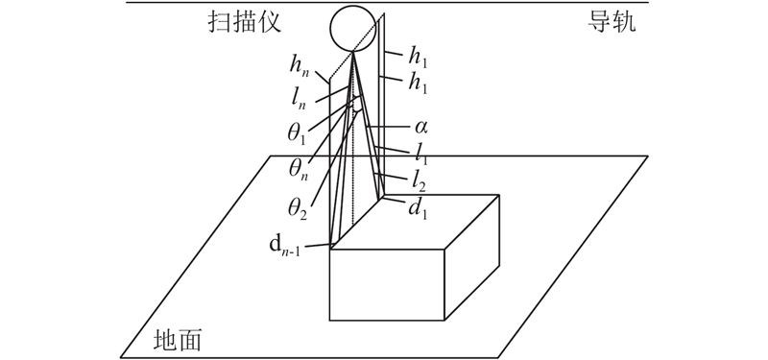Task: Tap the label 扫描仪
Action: (245, 22)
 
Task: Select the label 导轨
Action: (612, 22)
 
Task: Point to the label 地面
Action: (178, 340)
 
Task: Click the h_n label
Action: (300, 64)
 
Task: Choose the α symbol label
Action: (420, 128)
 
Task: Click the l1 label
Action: (420, 154)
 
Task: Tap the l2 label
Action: (420, 182)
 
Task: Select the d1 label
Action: (420, 208)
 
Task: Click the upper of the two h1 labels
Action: (419, 59)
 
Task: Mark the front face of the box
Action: (387, 285)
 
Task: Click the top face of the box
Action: (415, 222)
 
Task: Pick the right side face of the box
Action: (471, 257)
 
